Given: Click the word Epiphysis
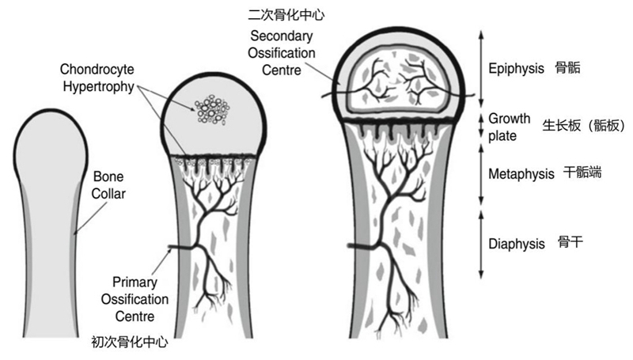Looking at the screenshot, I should [x=517, y=69].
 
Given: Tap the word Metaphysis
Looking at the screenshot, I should [x=521, y=172].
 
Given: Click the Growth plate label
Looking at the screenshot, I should [x=509, y=127].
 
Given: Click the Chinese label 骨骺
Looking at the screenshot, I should [x=569, y=69].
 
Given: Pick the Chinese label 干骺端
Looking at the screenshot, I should [x=579, y=172].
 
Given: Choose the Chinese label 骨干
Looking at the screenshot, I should [x=570, y=243].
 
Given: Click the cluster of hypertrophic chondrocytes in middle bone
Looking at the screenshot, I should [x=210, y=109].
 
